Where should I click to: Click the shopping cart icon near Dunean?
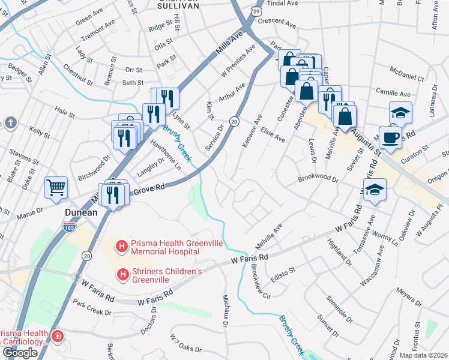pyautogui.click(x=56, y=187)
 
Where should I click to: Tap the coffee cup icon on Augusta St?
pyautogui.click(x=390, y=136)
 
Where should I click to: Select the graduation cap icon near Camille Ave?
pyautogui.click(x=400, y=112)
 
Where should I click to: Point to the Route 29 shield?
pyautogui.click(x=256, y=11)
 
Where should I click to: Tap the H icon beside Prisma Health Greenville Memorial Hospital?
pyautogui.click(x=122, y=246)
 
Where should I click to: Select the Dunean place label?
pyautogui.click(x=81, y=212)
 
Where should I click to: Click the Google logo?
pyautogui.click(x=20, y=352)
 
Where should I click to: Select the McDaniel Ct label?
pyautogui.click(x=406, y=79)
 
